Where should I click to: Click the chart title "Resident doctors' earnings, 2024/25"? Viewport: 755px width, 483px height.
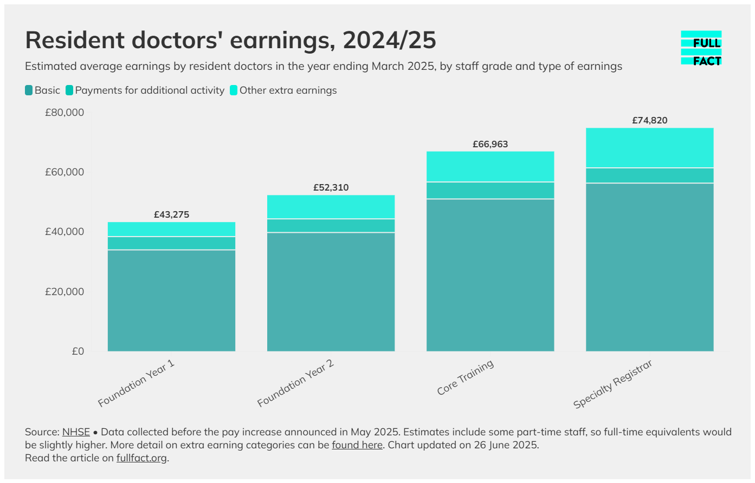click(230, 41)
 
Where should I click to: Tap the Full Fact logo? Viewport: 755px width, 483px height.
click(701, 48)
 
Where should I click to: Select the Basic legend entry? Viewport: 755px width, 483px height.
click(43, 90)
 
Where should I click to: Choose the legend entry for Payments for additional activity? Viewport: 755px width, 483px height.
click(145, 90)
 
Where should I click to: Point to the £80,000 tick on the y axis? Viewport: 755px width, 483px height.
click(64, 113)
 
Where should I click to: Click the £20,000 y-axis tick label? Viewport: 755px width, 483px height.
click(64, 292)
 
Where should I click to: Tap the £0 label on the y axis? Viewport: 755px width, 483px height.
click(78, 351)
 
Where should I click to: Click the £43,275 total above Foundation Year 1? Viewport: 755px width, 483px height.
click(171, 214)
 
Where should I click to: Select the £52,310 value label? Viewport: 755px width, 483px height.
click(331, 187)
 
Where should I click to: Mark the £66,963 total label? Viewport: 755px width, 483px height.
click(490, 144)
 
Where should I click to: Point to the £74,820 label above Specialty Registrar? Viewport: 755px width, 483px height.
click(649, 120)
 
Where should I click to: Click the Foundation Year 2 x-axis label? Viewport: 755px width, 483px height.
click(296, 383)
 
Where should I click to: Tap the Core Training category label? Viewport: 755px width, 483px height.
click(466, 377)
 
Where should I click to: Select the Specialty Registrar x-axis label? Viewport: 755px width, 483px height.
click(613, 384)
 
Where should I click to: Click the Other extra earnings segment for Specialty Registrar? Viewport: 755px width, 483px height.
click(649, 148)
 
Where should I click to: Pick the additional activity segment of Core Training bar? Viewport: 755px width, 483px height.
click(490, 191)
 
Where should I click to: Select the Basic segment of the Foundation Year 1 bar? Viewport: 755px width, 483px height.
click(171, 301)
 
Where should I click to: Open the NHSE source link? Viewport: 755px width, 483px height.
click(76, 432)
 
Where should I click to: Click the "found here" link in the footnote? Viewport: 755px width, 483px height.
click(357, 445)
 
